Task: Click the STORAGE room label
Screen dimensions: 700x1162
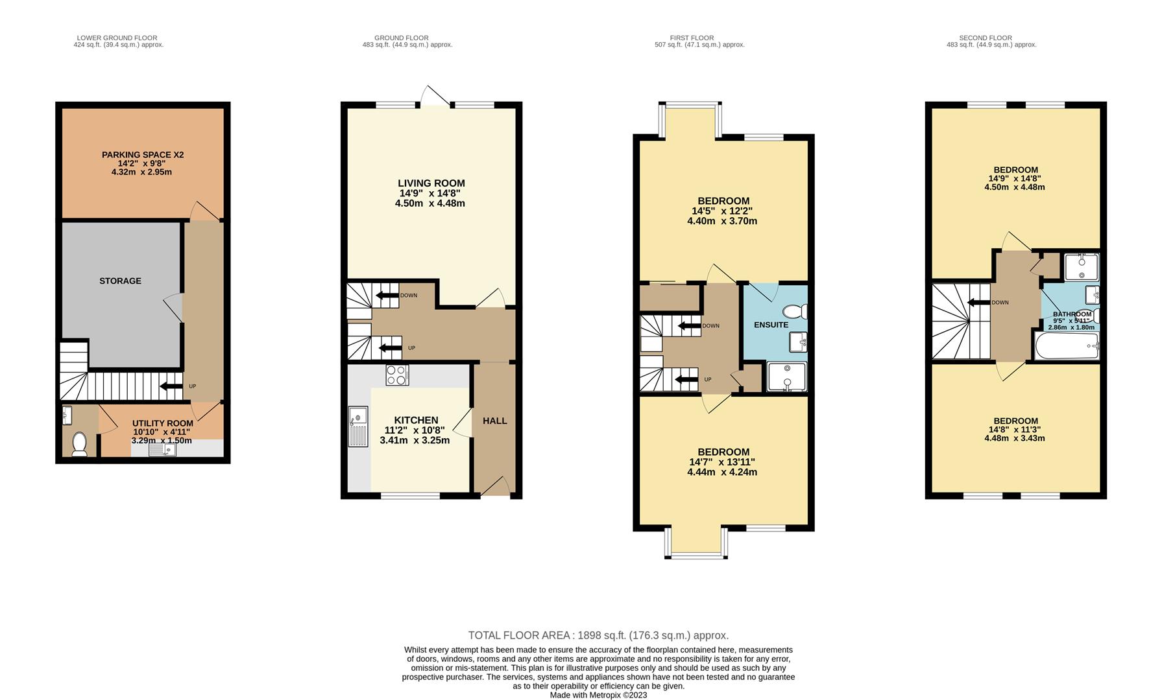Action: tap(120, 281)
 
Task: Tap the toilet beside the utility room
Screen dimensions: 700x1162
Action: tap(80, 444)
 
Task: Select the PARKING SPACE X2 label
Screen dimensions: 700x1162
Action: tap(143, 155)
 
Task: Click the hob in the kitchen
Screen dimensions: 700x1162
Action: tap(397, 375)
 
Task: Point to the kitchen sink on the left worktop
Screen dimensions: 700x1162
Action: tap(357, 426)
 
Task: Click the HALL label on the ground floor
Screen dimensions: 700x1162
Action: tap(494, 421)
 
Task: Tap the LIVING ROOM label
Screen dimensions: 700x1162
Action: tap(431, 183)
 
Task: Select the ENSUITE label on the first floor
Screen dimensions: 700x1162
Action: tap(771, 325)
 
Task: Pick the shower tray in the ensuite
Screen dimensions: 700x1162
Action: tap(786, 377)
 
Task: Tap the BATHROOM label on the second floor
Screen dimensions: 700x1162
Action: tap(1072, 314)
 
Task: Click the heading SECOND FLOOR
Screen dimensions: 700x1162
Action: tap(985, 38)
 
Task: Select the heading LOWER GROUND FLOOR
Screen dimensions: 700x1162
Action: tap(117, 38)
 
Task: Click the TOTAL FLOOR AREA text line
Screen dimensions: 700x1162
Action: tap(598, 635)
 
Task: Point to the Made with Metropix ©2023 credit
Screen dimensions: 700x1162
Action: tap(598, 695)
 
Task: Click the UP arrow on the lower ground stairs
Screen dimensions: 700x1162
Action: tap(171, 387)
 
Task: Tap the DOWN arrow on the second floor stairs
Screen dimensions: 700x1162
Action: tap(978, 303)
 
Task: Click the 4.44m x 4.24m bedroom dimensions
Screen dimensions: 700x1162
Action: tap(722, 472)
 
